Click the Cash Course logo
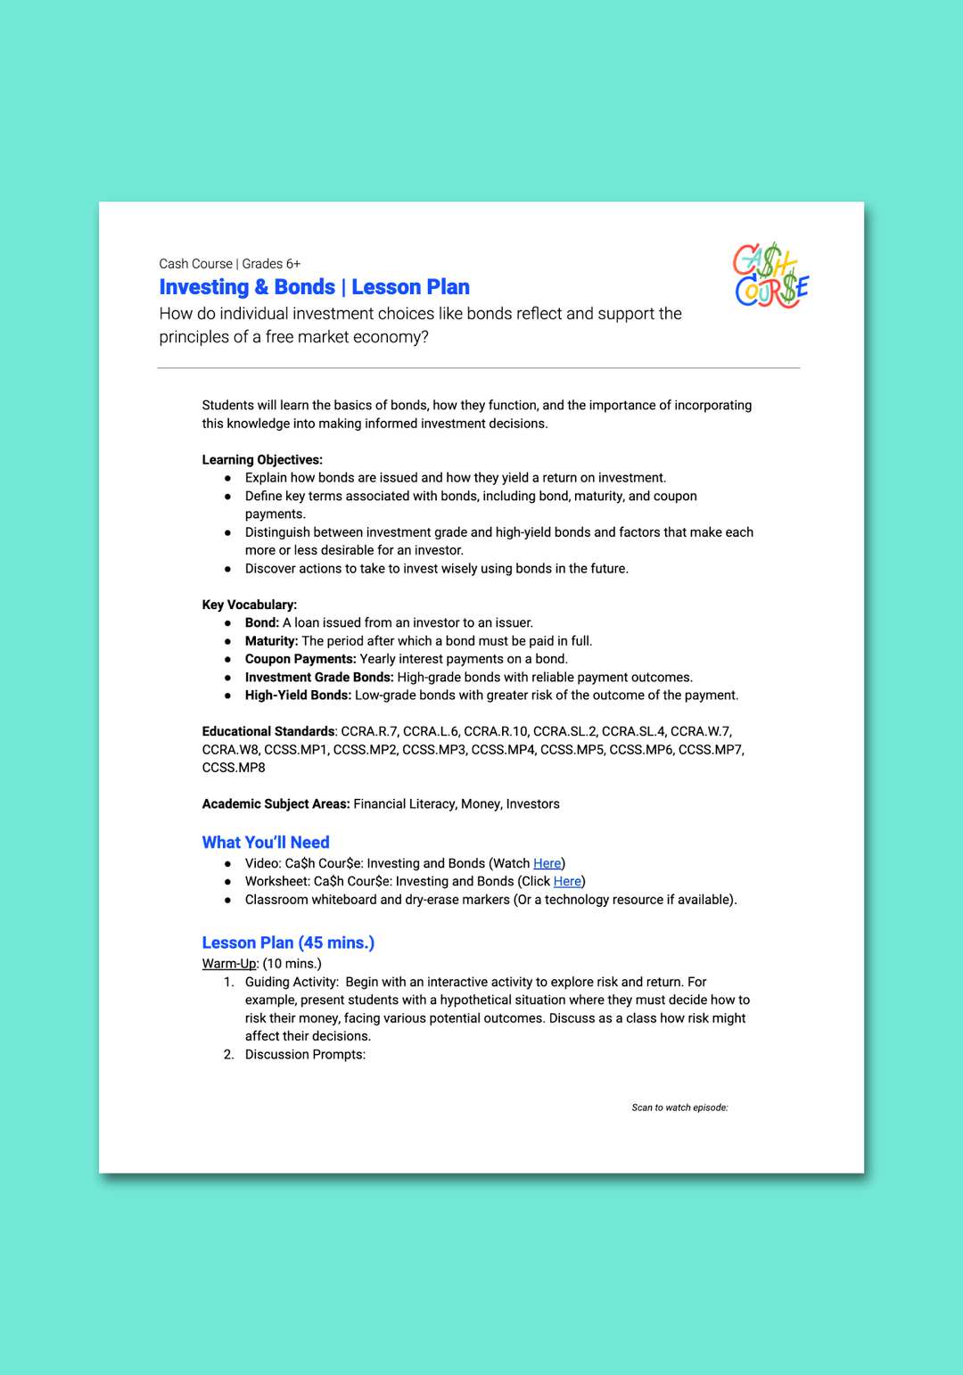point(770,276)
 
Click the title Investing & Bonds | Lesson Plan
point(314,287)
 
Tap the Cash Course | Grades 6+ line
point(229,264)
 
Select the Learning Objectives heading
point(262,460)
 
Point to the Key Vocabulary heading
point(250,605)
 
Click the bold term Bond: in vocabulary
point(262,623)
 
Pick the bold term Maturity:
point(271,641)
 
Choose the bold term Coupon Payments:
point(300,659)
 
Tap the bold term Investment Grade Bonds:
point(319,678)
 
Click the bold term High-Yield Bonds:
point(298,696)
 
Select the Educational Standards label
point(268,731)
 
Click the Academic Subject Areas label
point(276,804)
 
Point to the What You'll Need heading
point(266,843)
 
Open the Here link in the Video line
point(547,864)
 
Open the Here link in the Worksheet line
point(567,882)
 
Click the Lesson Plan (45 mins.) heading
point(288,943)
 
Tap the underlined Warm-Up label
point(229,964)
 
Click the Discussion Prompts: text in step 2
point(305,1055)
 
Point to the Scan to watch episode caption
point(679,1107)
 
